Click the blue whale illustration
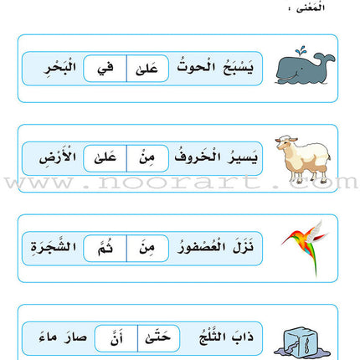coord(306,66)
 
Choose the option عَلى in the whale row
coord(148,69)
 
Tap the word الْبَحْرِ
coord(52,69)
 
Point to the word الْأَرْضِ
coord(52,157)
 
